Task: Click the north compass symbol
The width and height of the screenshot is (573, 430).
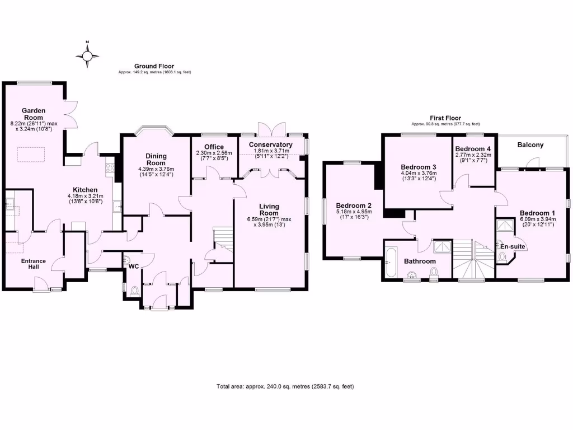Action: [88, 55]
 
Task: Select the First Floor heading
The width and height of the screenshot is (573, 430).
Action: [445, 118]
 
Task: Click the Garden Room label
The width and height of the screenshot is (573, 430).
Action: [34, 114]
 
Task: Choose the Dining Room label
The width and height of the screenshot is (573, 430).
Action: [156, 159]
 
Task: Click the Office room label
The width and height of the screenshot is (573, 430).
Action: [213, 147]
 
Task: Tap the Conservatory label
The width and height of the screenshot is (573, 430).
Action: [271, 145]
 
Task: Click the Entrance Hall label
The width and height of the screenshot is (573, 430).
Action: [34, 264]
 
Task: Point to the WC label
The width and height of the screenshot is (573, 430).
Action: [133, 267]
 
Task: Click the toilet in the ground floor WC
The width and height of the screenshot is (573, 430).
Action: [134, 291]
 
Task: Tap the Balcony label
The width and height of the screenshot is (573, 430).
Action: [530, 145]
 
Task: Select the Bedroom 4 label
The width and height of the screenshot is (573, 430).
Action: [473, 148]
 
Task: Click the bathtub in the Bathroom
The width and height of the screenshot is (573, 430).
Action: [390, 261]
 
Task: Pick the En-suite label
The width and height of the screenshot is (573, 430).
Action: [512, 246]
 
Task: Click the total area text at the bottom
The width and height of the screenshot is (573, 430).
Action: [285, 386]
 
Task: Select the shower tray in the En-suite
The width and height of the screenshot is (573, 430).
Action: [505, 225]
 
